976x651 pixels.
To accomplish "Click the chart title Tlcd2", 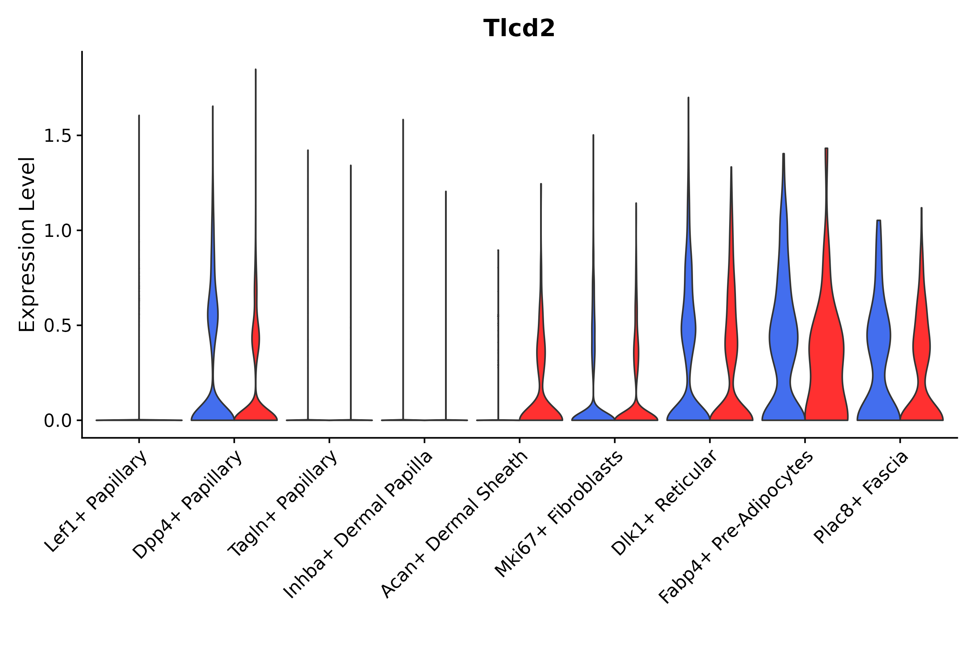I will click(519, 29).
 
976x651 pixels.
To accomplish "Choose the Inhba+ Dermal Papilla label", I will click(358, 525).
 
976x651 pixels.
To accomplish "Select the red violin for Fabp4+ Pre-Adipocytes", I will click(826, 353).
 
